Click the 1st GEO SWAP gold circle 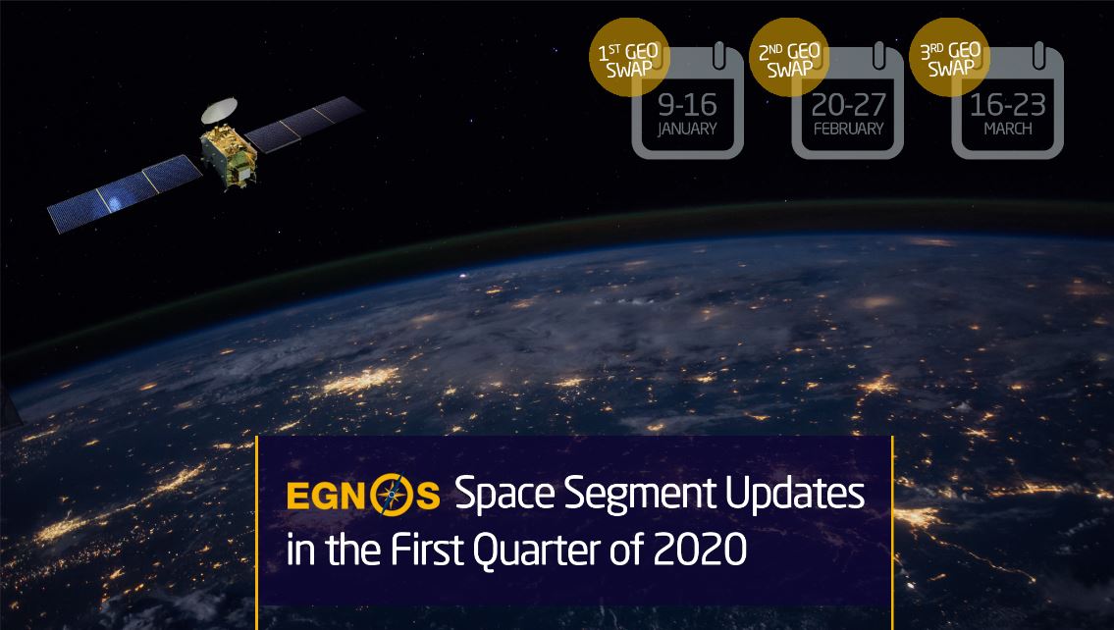(x=629, y=57)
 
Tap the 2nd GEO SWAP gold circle (x=789, y=57)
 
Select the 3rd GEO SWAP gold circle (x=950, y=57)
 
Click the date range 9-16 (x=687, y=105)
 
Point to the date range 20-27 (x=848, y=105)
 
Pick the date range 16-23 (x=1008, y=105)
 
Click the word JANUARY (x=687, y=130)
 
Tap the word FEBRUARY (x=848, y=130)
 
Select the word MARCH (x=1008, y=130)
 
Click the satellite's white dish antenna (x=219, y=110)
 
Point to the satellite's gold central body (x=228, y=156)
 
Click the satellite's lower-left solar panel (x=125, y=193)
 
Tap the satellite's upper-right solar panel (x=303, y=125)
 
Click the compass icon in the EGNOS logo (x=391, y=495)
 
